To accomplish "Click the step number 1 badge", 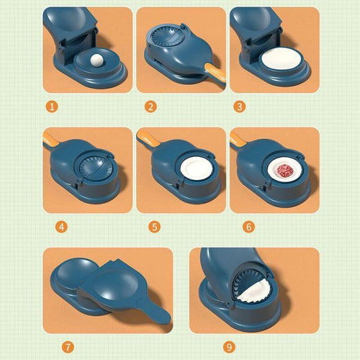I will click(52, 107).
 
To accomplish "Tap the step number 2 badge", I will click(150, 107).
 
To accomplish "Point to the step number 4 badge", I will click(62, 226).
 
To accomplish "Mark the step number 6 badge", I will click(248, 226).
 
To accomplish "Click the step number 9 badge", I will click(229, 347).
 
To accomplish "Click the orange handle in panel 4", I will click(52, 137).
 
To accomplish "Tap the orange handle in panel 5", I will click(147, 136).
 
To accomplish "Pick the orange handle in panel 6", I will click(238, 137).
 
